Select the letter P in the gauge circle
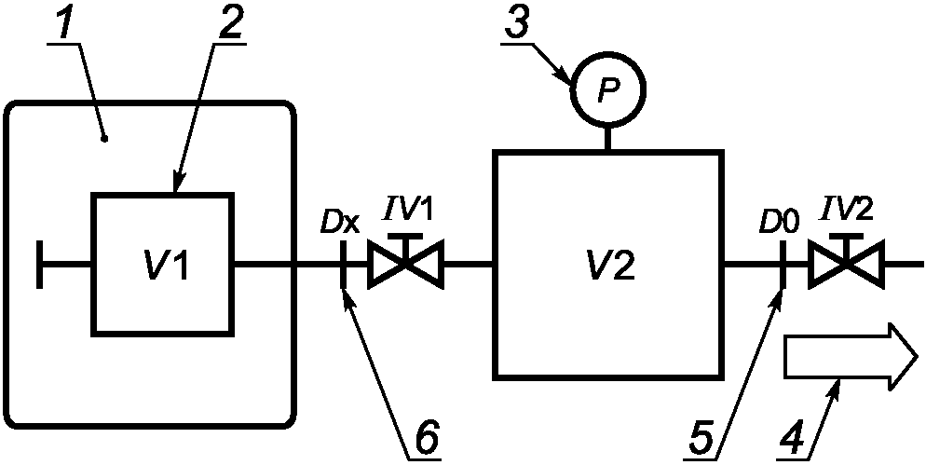coord(607,89)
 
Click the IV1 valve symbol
coord(406,261)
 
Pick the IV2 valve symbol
coord(846,261)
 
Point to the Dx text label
coord(339,221)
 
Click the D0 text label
coord(780,221)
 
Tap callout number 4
coord(793,440)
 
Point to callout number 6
coord(425,440)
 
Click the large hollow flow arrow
coord(851,356)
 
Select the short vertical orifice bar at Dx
coord(343,263)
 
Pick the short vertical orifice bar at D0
coord(783,263)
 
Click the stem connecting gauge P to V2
coord(607,138)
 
